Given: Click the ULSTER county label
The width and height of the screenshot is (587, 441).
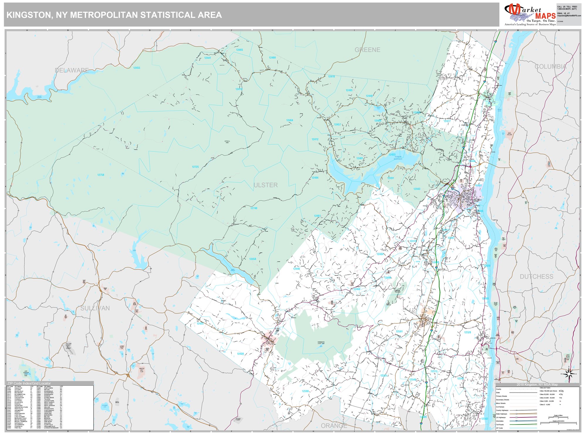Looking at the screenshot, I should point(266,185).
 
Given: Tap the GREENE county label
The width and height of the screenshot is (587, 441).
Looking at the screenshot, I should point(367,50).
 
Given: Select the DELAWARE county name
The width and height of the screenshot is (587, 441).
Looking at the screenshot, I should point(72,70).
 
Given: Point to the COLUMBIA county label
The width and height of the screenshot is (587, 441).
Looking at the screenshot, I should point(551,67).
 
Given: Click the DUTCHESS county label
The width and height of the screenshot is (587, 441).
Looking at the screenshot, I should point(537,277).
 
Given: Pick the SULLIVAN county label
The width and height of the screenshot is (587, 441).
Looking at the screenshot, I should point(95,308).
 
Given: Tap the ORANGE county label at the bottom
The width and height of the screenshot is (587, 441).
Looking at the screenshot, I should point(334,426).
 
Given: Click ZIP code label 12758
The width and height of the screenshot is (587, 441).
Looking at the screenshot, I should point(101,175).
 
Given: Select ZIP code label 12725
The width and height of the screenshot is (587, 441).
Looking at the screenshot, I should point(195,167).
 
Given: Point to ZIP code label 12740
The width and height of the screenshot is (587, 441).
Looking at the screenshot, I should point(254,208).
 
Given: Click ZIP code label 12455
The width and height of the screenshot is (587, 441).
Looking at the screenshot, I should point(136,68).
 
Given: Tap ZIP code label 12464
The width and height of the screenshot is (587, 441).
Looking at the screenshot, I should point(290,120).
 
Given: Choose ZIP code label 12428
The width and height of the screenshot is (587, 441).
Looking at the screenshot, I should point(240,354).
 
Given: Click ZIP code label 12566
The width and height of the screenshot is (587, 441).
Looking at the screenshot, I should point(305,391).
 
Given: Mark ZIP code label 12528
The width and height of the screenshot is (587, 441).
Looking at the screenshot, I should point(468,333).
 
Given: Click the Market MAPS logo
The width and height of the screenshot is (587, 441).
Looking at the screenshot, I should point(530,14).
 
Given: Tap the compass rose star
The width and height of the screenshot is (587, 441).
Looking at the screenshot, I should point(570,374).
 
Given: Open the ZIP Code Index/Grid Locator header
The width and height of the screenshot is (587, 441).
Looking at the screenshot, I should point(29,383).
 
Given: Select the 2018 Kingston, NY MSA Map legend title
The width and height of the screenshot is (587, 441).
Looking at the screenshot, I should point(537,385).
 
